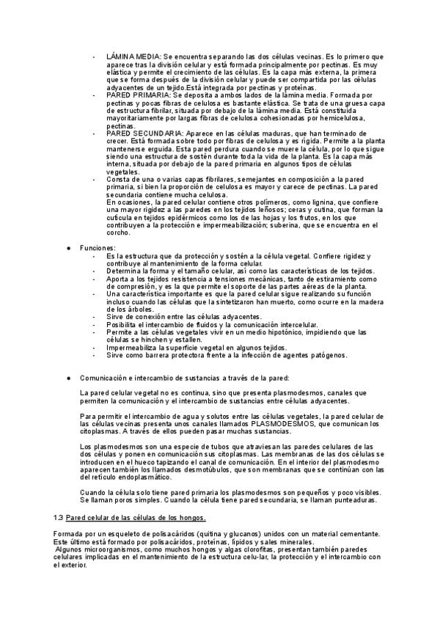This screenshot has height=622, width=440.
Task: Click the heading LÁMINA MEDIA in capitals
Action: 133,56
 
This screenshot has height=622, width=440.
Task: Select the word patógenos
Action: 326,355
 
